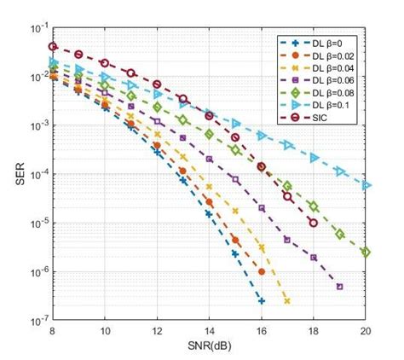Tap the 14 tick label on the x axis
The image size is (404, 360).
coord(209,331)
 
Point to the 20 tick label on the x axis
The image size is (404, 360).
coord(366,331)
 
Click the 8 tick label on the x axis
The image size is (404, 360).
coord(53,331)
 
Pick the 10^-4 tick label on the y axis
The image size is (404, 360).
coord(38,174)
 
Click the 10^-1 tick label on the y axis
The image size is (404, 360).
coord(38,28)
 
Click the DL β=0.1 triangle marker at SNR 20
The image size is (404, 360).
coord(366,185)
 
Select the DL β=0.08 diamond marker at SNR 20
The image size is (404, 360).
coord(366,252)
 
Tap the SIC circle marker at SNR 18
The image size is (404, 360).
coord(314,223)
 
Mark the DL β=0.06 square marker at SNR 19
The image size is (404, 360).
coord(339,287)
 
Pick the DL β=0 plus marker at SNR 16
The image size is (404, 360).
coord(262,300)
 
